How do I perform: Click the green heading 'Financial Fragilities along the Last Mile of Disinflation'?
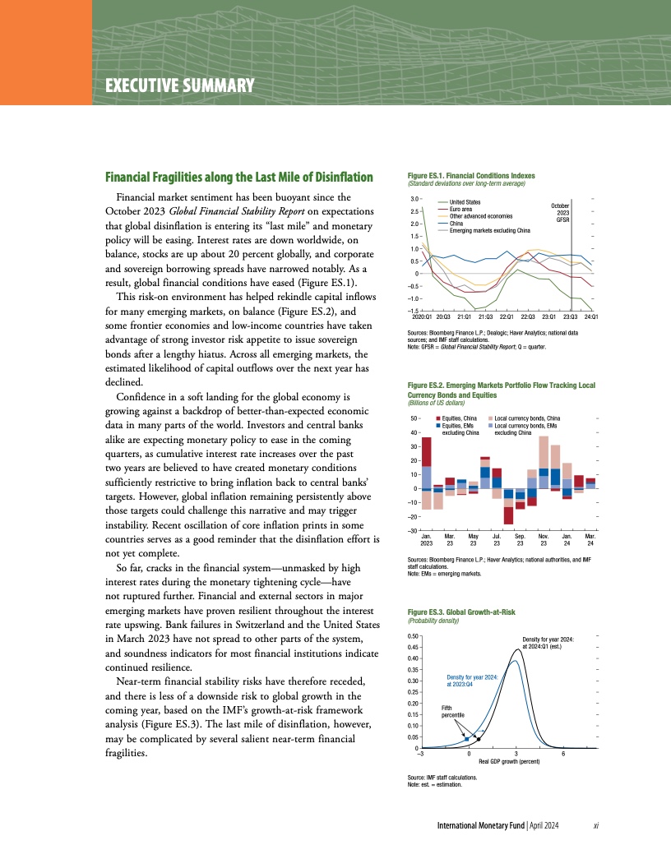point(238,178)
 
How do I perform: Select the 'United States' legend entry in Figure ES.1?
point(465,201)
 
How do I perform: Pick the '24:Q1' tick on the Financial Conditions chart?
point(590,316)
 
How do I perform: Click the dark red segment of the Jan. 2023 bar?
point(426,452)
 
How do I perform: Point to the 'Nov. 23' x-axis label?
point(543,539)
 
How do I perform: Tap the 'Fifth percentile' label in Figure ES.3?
point(452,711)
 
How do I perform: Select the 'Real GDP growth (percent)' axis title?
point(509,762)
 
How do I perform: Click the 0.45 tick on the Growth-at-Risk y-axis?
point(414,647)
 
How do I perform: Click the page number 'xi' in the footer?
point(595,824)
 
